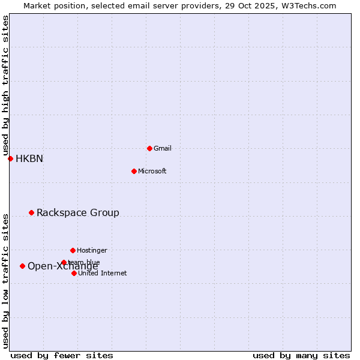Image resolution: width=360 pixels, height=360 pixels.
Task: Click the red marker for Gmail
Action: tap(149, 148)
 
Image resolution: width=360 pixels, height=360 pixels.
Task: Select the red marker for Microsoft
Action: tap(134, 171)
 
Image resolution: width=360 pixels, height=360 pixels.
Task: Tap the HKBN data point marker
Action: tap(10, 158)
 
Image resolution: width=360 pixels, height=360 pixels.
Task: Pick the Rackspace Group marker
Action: tap(31, 212)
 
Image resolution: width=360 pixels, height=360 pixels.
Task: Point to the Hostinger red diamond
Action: tap(73, 250)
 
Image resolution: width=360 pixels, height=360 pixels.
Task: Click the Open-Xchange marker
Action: tap(22, 266)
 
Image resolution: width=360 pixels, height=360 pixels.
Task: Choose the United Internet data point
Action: tap(74, 273)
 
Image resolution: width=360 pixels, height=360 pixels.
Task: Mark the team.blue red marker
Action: tap(64, 262)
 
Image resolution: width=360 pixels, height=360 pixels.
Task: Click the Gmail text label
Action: tap(163, 148)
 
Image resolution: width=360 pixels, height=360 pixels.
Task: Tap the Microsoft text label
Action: tap(152, 171)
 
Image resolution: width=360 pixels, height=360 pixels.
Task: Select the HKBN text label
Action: tap(29, 159)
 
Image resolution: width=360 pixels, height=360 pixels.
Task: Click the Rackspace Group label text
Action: tap(78, 213)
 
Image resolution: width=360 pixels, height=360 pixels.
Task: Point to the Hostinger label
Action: tap(92, 250)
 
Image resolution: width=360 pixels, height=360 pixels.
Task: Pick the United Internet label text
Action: tap(102, 273)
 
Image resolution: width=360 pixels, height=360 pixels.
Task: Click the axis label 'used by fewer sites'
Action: tap(62, 355)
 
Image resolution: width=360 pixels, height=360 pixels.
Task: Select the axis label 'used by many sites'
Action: tap(301, 355)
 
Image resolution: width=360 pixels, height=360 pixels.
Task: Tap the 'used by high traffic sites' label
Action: tap(5, 86)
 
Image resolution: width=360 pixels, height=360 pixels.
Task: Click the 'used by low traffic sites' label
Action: tap(5, 281)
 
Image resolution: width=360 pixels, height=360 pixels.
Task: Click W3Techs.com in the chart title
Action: tap(311, 5)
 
